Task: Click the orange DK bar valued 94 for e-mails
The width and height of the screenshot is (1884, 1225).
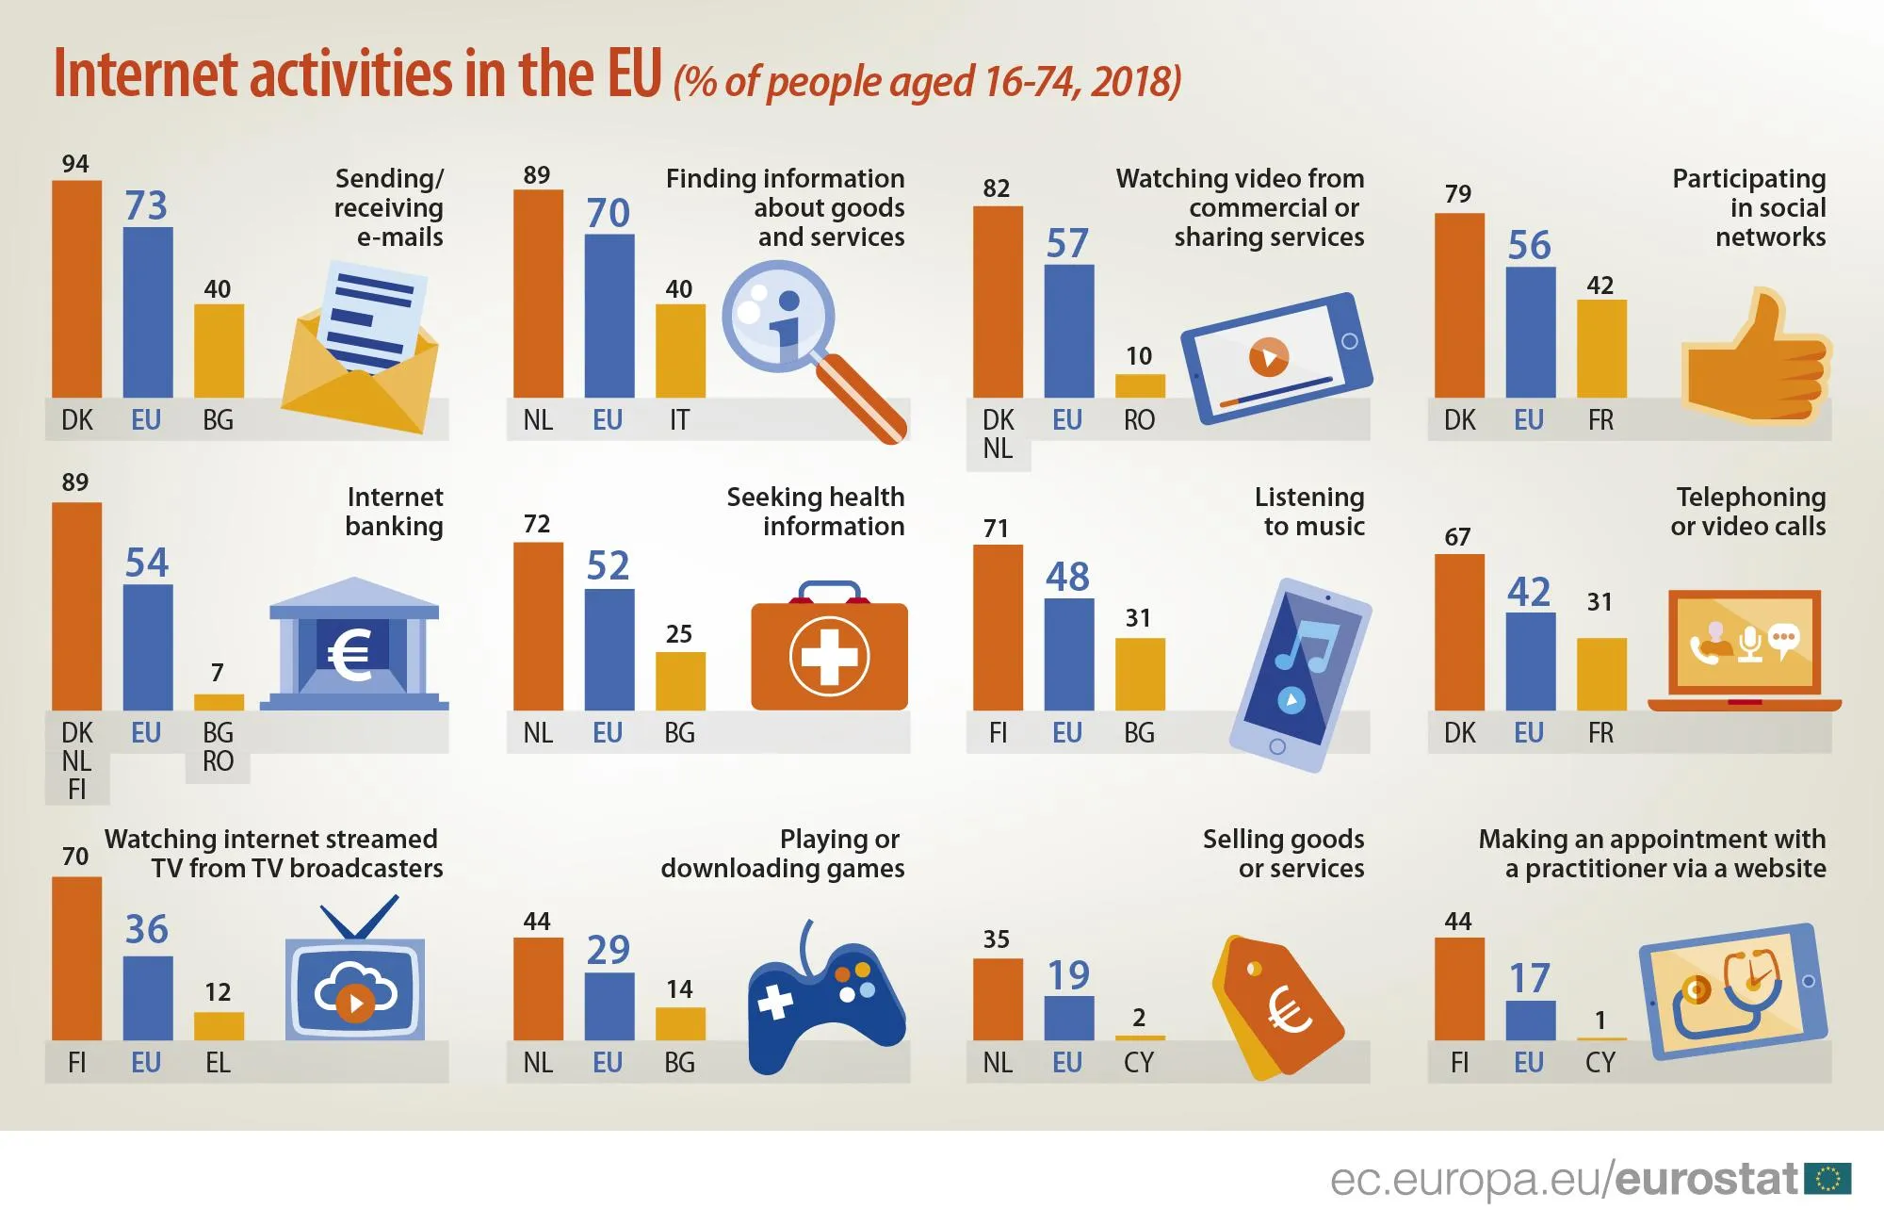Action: (x=76, y=288)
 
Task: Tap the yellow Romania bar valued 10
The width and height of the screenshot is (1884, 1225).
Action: (x=1140, y=385)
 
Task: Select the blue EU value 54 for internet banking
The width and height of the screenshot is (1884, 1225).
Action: (x=147, y=563)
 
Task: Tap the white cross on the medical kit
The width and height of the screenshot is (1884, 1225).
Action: (x=829, y=656)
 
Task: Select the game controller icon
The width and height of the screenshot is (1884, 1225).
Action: (x=825, y=999)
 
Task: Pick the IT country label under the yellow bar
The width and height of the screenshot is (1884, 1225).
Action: (x=679, y=420)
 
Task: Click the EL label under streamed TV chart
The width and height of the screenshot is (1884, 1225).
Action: (x=218, y=1063)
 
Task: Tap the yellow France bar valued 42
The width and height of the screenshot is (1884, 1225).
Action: (x=1601, y=349)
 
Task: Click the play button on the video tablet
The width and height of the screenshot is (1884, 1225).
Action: (x=1269, y=357)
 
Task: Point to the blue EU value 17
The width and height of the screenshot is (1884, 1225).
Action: (x=1529, y=978)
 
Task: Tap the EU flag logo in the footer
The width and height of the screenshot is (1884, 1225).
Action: (x=1827, y=1179)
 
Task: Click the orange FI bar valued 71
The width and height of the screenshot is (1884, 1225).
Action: (x=998, y=628)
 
